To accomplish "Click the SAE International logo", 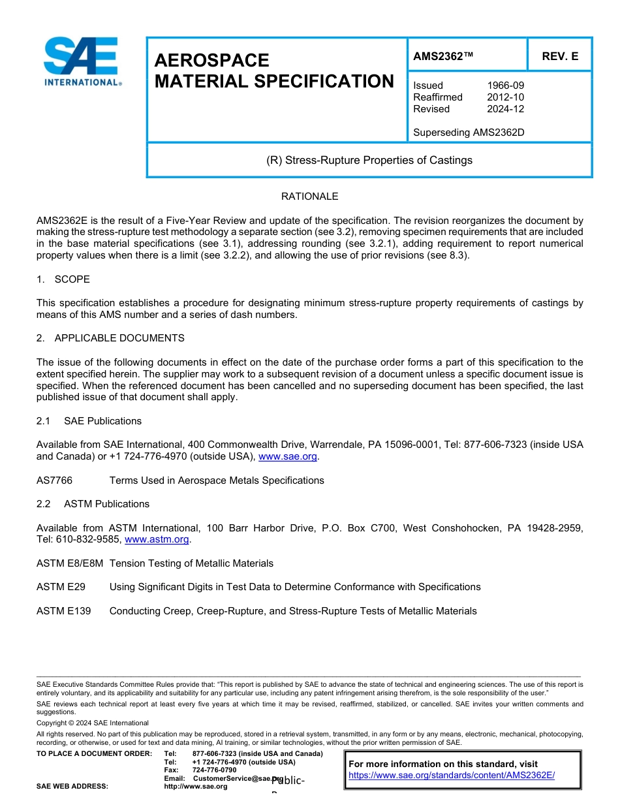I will (82, 62).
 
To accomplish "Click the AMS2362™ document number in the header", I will (443, 57).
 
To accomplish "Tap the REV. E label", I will (560, 57).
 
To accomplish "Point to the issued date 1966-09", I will (505, 86).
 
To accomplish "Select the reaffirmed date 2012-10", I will (505, 97).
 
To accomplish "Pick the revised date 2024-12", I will (505, 109).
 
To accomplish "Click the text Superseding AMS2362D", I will (469, 133).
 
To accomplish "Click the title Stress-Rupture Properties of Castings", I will (369, 160).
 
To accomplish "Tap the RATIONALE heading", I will (309, 197).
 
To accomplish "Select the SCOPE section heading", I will (72, 279).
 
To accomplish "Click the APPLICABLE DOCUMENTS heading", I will (119, 338).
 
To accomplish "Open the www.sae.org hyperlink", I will (287, 457).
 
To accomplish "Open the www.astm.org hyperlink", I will (156, 540).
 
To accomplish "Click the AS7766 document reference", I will (54, 480).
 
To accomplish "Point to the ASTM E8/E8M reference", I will (70, 563).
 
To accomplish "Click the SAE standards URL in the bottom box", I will (451, 776).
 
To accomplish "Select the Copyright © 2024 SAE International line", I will (93, 723).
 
